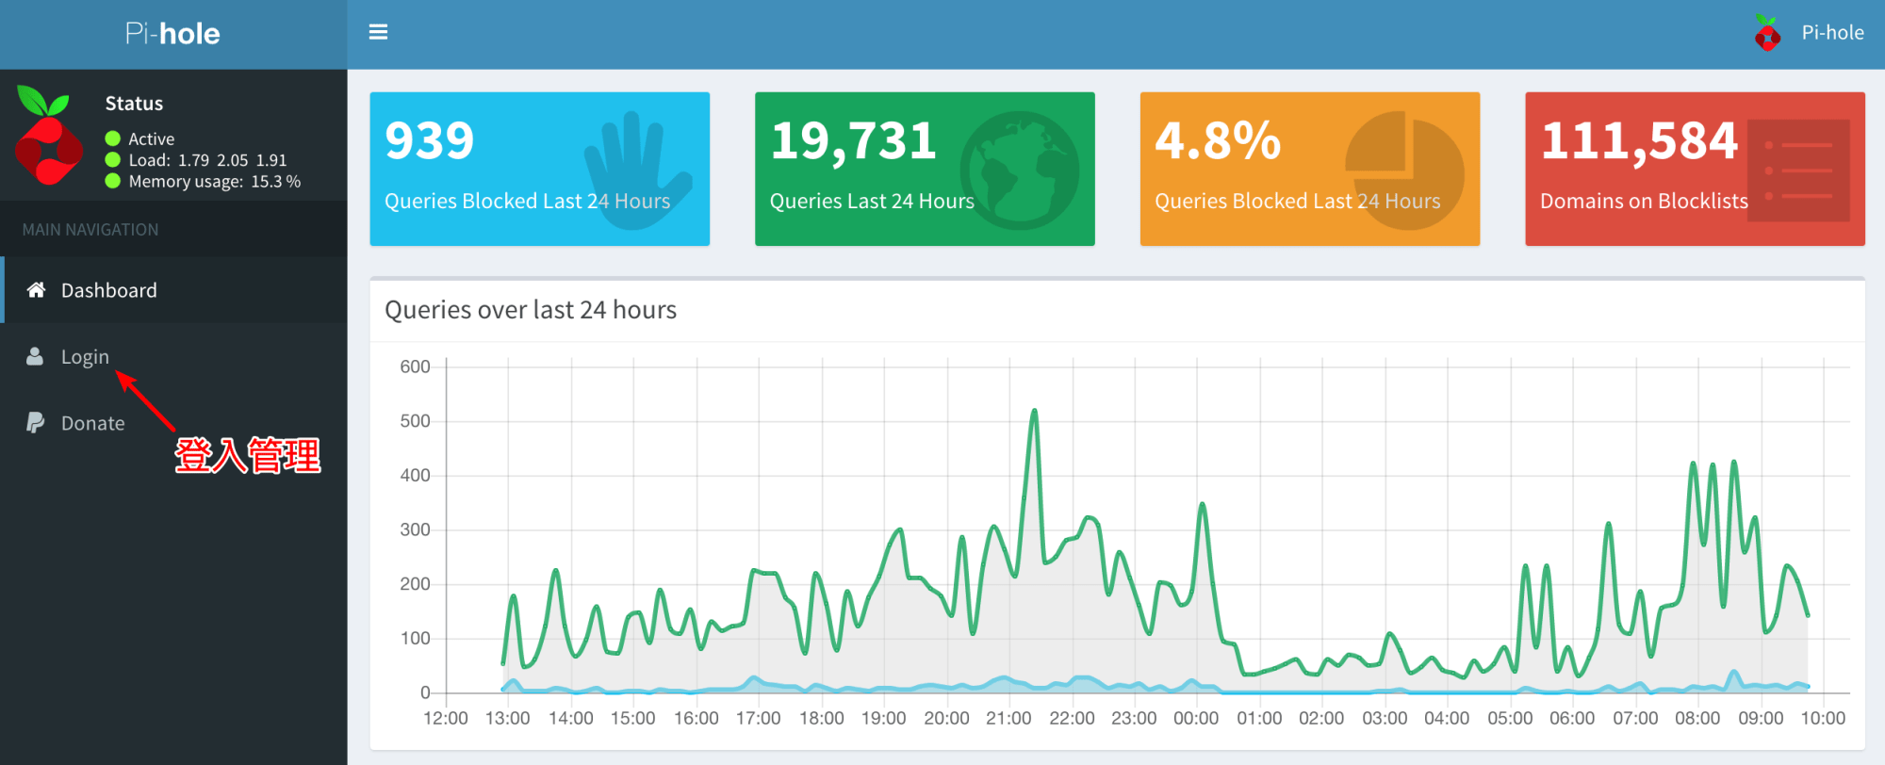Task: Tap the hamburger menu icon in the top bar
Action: (378, 32)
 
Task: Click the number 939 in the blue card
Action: (430, 141)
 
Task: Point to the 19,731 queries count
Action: (853, 141)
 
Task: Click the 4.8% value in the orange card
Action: (1218, 141)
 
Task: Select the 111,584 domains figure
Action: (1639, 141)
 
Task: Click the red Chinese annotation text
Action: (248, 455)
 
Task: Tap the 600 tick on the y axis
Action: (415, 366)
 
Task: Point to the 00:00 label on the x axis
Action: (1196, 718)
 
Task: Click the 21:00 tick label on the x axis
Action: (1008, 718)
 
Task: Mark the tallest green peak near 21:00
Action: (1034, 411)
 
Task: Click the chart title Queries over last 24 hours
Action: (531, 310)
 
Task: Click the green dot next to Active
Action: (113, 138)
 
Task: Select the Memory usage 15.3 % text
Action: (215, 181)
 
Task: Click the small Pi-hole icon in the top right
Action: (1767, 33)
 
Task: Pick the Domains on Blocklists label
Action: (1644, 201)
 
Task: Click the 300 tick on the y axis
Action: (415, 529)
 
